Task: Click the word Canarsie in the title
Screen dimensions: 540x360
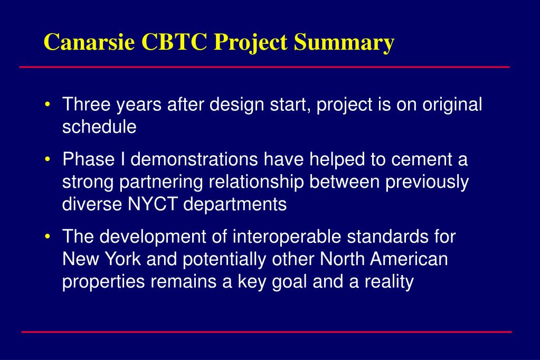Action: [89, 42]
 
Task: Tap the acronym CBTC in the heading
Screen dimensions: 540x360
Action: [174, 42]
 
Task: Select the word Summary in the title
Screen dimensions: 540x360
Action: [344, 42]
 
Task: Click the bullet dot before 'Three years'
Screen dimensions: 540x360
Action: [48, 103]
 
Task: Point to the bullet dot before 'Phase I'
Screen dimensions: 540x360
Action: [48, 159]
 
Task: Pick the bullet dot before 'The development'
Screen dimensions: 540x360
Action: [48, 236]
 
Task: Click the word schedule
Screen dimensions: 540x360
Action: [99, 127]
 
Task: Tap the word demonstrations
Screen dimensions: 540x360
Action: [194, 159]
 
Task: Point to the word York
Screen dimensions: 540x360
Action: [122, 259]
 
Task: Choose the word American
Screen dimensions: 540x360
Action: [409, 259]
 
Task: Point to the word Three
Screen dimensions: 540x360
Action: [87, 104]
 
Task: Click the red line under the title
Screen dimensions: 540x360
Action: [264, 67]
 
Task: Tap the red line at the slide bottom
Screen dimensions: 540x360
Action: [267, 332]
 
